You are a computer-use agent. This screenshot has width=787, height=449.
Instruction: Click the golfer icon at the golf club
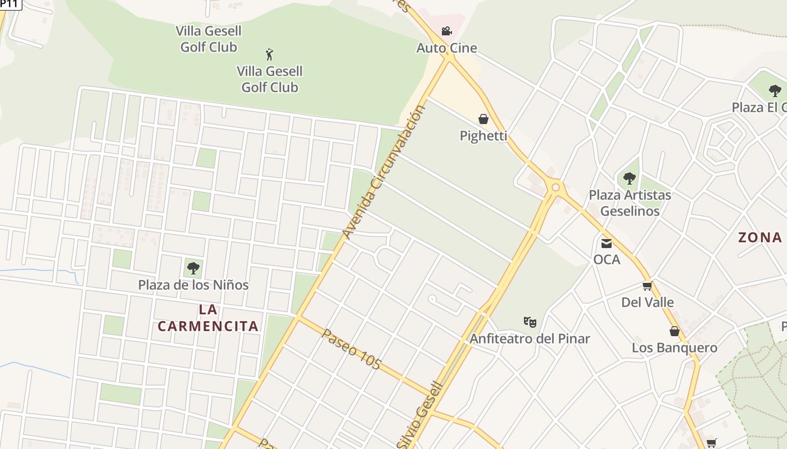pyautogui.click(x=269, y=54)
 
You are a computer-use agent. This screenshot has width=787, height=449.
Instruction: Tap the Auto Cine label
pyautogui.click(x=446, y=48)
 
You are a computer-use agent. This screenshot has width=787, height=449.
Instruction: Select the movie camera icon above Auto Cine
pyautogui.click(x=446, y=31)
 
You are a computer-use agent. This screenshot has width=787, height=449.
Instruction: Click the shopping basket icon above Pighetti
pyautogui.click(x=483, y=119)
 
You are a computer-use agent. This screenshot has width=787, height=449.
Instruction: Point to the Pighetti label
pyautogui.click(x=483, y=136)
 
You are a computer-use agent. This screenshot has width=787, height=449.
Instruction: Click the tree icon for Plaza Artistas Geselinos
pyautogui.click(x=629, y=178)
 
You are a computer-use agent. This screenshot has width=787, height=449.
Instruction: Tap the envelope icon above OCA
pyautogui.click(x=607, y=244)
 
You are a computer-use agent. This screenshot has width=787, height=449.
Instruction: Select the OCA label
pyautogui.click(x=607, y=260)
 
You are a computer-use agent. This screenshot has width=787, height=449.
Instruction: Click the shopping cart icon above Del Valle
pyautogui.click(x=647, y=286)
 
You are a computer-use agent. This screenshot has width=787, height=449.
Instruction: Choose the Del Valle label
pyautogui.click(x=647, y=303)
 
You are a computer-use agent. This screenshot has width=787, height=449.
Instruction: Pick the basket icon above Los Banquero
pyautogui.click(x=674, y=331)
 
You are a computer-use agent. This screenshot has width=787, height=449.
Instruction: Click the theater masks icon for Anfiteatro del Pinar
pyautogui.click(x=530, y=322)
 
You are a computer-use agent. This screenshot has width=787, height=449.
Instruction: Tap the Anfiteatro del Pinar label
pyautogui.click(x=530, y=339)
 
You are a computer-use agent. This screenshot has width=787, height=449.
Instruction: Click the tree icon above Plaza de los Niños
pyautogui.click(x=193, y=268)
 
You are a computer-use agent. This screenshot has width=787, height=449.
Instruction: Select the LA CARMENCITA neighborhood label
pyautogui.click(x=208, y=318)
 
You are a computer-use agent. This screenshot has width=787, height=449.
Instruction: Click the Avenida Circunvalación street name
pyautogui.click(x=383, y=172)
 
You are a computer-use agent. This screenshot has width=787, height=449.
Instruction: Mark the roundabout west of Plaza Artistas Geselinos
pyautogui.click(x=555, y=187)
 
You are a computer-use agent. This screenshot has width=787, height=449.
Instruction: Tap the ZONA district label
pyautogui.click(x=760, y=237)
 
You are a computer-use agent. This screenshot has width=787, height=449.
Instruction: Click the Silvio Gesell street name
pyautogui.click(x=420, y=415)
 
